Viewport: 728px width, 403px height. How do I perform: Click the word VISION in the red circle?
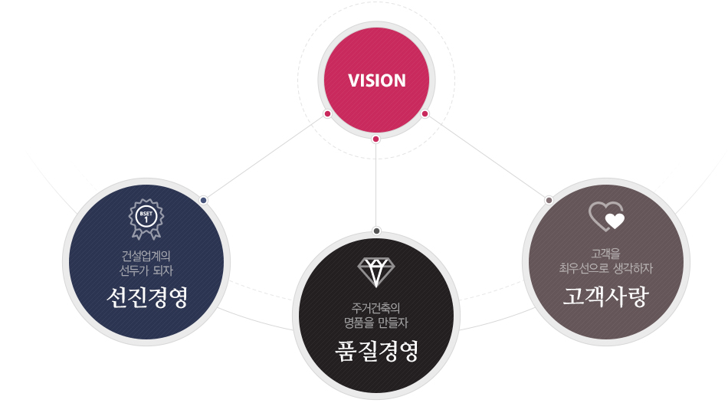(x=376, y=80)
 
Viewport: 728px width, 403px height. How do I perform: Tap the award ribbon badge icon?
(x=146, y=219)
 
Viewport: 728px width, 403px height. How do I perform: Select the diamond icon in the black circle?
(x=376, y=272)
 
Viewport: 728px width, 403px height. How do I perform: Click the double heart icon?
(x=607, y=216)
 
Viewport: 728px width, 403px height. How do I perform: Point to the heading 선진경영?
(x=146, y=297)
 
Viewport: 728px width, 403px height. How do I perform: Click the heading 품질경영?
(x=376, y=351)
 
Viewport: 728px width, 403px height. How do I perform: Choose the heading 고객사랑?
(x=605, y=297)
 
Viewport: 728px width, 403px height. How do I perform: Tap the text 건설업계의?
(x=146, y=256)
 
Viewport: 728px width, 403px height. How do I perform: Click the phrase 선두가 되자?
(x=146, y=270)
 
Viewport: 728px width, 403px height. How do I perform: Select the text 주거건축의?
(x=375, y=308)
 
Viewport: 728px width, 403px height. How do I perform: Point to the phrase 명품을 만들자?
(x=375, y=323)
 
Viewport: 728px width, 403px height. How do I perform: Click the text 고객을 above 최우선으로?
(x=605, y=254)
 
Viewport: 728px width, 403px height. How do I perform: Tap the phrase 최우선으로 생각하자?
(x=606, y=268)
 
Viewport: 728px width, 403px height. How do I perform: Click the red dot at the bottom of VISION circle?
(x=376, y=139)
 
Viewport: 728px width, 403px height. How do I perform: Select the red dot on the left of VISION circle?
(x=327, y=113)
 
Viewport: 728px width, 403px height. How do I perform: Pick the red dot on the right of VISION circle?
(x=425, y=113)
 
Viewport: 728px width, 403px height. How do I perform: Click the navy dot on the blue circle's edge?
(x=203, y=201)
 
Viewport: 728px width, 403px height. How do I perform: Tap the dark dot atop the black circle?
(x=376, y=231)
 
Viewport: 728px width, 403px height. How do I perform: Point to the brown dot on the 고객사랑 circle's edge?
(x=549, y=201)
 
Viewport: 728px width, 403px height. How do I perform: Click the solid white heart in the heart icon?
(x=615, y=221)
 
